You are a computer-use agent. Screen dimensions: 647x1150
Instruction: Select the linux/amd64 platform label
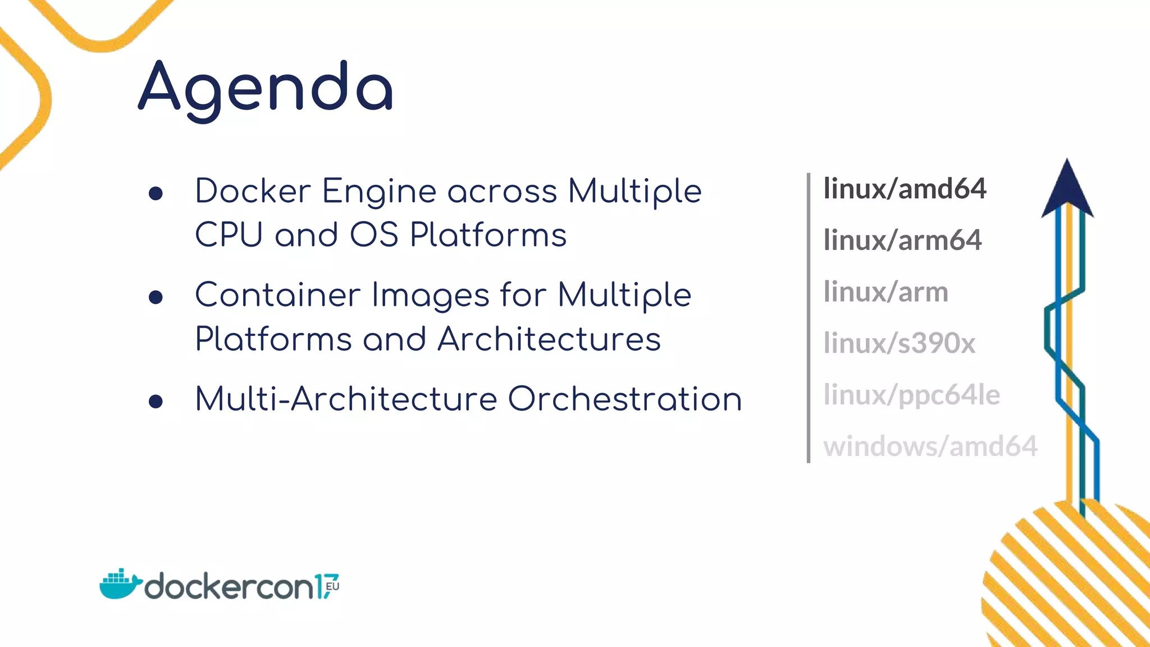pyautogui.click(x=905, y=189)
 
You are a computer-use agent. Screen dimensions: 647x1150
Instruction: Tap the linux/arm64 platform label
pyautogui.click(x=902, y=240)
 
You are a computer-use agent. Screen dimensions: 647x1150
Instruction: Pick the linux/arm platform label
pyautogui.click(x=886, y=292)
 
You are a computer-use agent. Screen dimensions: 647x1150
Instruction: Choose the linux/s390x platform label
pyautogui.click(x=899, y=343)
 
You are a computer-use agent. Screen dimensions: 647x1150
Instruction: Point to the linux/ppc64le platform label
pyautogui.click(x=911, y=395)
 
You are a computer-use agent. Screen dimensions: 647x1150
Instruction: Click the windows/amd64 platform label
pyautogui.click(x=930, y=446)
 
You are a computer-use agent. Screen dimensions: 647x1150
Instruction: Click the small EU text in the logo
pyautogui.click(x=332, y=586)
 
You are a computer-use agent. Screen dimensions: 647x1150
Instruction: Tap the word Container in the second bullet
pyautogui.click(x=277, y=295)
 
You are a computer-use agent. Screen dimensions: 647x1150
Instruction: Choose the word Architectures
pyautogui.click(x=549, y=339)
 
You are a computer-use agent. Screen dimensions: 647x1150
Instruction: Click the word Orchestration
pyautogui.click(x=624, y=399)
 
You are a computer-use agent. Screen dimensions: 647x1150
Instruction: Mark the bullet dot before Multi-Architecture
pyautogui.click(x=156, y=402)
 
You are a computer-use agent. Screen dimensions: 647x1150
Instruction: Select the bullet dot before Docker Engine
pyautogui.click(x=156, y=194)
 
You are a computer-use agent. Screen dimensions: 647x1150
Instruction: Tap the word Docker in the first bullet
pyautogui.click(x=253, y=191)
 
